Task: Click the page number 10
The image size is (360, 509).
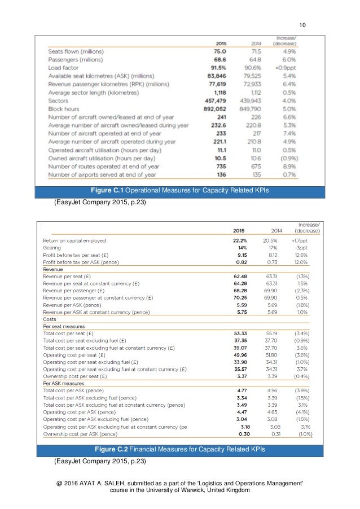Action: click(x=302, y=24)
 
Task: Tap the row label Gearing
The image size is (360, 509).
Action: click(x=52, y=248)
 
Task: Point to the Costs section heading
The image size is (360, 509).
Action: click(x=51, y=319)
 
